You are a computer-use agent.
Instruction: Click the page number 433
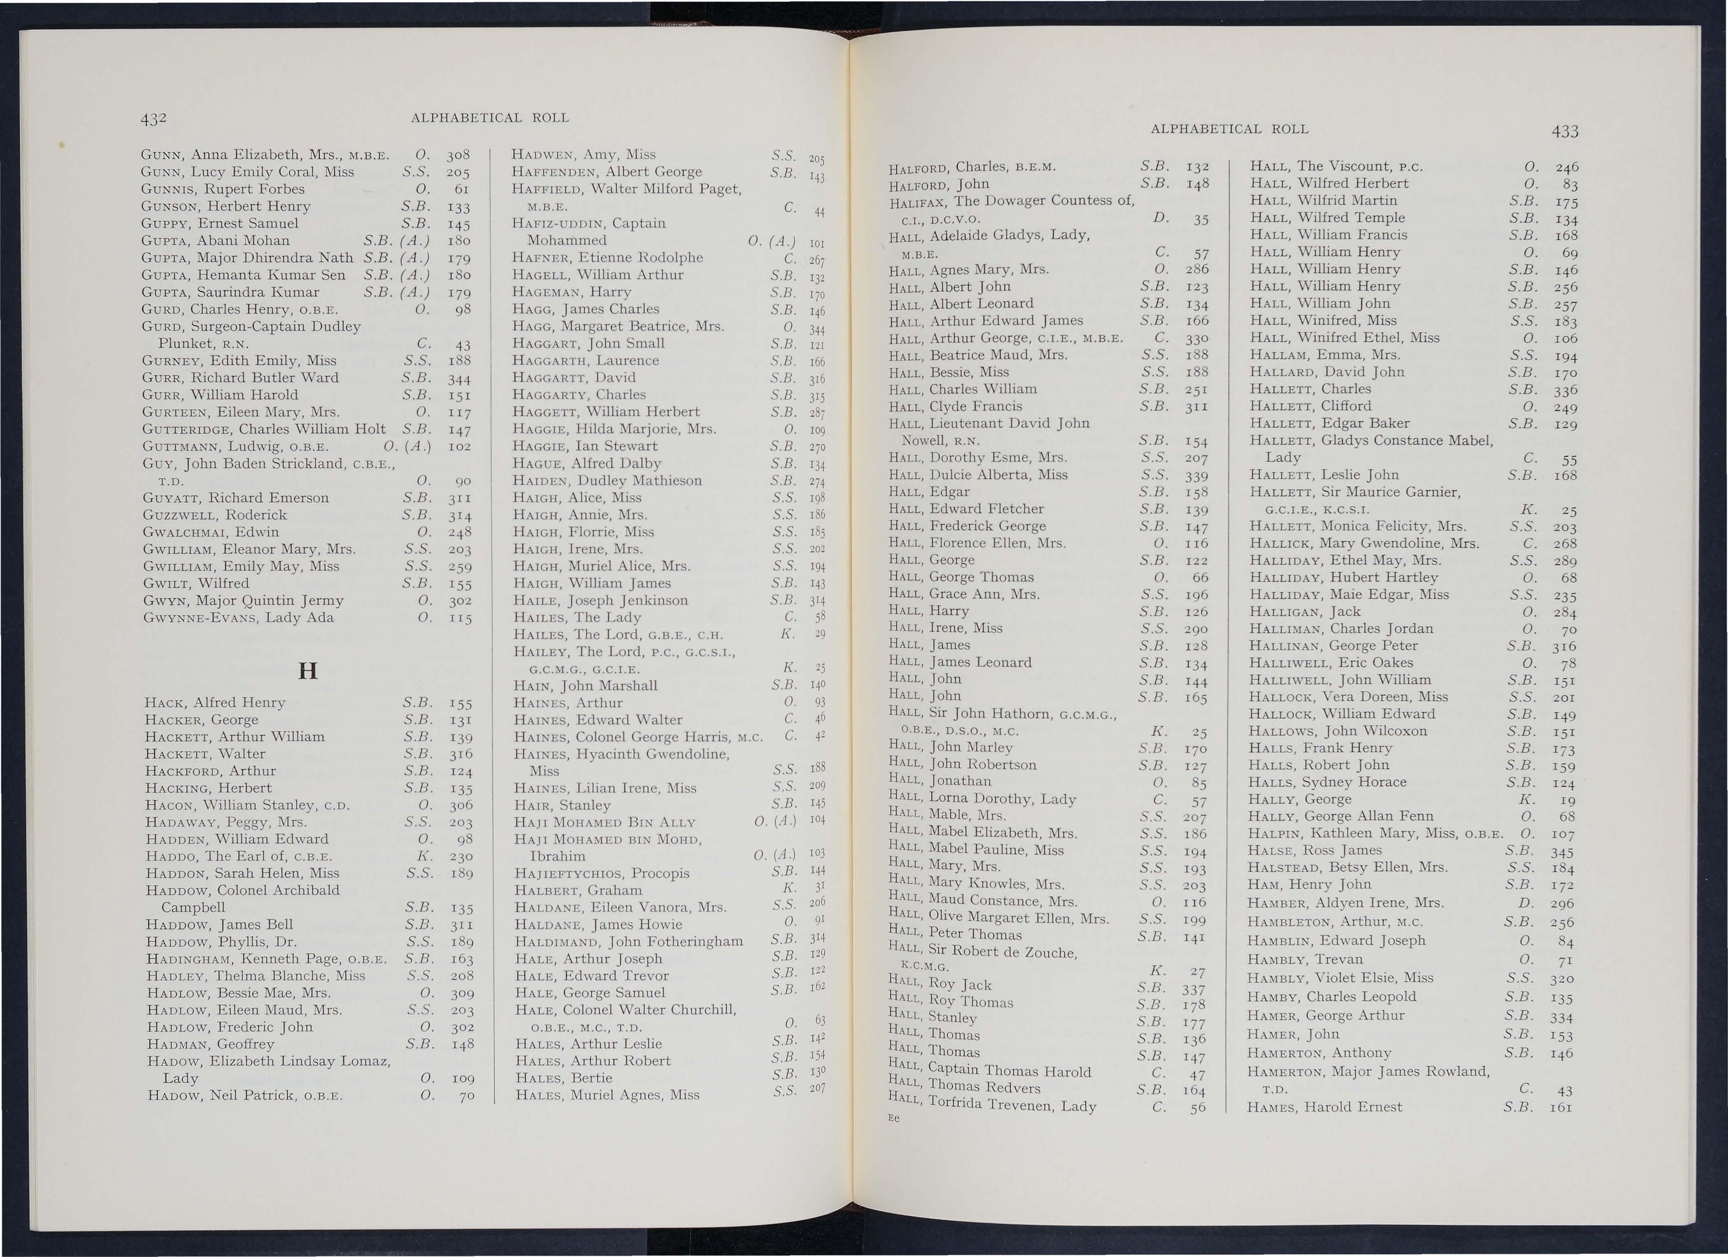coord(1564,131)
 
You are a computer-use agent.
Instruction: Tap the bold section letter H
coord(308,671)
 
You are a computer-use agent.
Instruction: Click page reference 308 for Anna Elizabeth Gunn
coord(458,155)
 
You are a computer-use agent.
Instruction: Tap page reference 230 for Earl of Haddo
coord(460,856)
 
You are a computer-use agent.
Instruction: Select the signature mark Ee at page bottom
coord(894,1118)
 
